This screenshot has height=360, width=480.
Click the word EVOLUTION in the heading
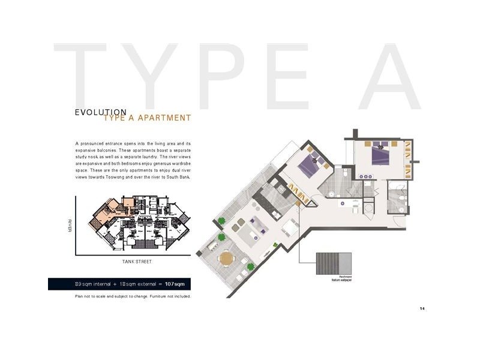click(100, 112)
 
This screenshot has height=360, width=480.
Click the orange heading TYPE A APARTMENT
click(147, 118)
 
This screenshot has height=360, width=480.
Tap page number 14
click(422, 308)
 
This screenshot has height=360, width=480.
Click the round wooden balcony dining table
click(227, 259)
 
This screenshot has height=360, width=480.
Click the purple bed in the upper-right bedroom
click(381, 156)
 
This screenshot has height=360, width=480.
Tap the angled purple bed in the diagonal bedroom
click(311, 161)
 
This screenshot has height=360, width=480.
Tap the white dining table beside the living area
click(290, 227)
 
